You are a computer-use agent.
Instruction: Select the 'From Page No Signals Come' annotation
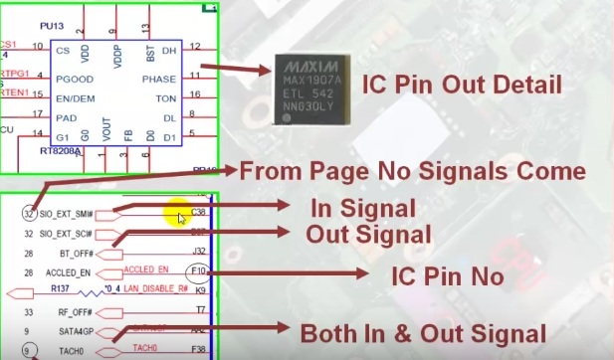(412, 171)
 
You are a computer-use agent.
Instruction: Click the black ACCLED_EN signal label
(69, 271)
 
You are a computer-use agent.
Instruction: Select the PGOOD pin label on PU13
(75, 78)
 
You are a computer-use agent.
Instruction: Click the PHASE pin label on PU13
(159, 78)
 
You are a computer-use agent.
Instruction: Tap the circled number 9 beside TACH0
(28, 350)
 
